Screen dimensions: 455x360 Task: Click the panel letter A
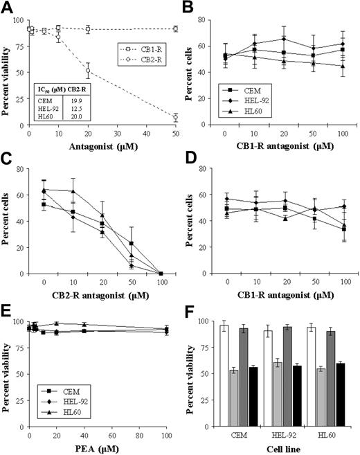click(8, 8)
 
